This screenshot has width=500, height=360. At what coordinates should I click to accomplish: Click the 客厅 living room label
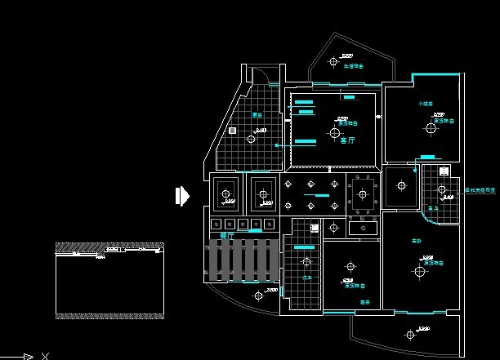click(347, 140)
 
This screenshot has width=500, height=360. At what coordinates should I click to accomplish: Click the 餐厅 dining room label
click(227, 235)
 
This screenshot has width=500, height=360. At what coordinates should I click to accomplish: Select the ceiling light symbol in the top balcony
click(333, 61)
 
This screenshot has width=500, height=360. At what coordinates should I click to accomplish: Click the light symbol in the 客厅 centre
click(334, 131)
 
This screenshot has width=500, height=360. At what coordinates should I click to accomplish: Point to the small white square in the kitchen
click(233, 131)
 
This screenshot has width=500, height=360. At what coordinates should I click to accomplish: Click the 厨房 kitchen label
click(257, 115)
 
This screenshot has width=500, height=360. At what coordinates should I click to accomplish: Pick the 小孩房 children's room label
click(425, 104)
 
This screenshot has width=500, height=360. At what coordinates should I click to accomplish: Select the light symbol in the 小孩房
click(429, 127)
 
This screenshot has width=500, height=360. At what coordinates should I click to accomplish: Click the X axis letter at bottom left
click(46, 355)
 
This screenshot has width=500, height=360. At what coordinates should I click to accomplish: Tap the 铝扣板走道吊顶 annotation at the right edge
click(480, 189)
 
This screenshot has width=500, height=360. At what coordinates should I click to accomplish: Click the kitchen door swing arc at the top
click(263, 75)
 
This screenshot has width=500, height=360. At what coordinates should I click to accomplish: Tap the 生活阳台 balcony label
click(353, 66)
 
